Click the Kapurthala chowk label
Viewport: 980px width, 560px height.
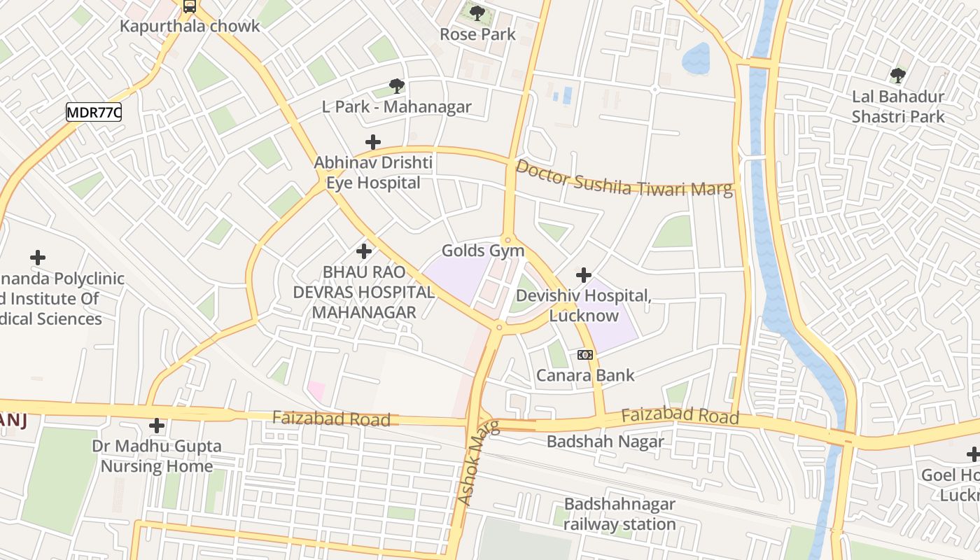point(190,27)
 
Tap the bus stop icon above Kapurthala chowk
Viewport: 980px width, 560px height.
point(190,7)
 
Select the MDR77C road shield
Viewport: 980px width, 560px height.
point(94,112)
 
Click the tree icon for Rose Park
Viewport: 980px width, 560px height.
point(477,13)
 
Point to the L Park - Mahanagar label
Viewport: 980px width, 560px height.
point(396,107)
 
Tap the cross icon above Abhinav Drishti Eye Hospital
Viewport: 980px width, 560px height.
point(373,142)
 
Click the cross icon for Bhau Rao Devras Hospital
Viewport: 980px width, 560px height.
point(364,251)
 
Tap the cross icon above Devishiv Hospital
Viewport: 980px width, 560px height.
point(583,275)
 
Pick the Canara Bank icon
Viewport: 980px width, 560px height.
point(585,355)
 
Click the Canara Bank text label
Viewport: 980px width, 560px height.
point(585,375)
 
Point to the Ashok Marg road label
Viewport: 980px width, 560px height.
point(478,463)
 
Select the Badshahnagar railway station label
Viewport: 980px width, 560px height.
point(619,514)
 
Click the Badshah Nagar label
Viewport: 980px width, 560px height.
point(605,442)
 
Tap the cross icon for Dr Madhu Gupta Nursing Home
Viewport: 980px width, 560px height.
point(157,426)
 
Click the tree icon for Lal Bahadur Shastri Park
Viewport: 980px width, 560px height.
point(898,75)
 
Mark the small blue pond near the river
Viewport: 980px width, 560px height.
point(696,58)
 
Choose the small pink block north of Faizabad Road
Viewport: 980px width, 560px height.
point(316,391)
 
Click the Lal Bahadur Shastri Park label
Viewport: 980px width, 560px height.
point(898,106)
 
